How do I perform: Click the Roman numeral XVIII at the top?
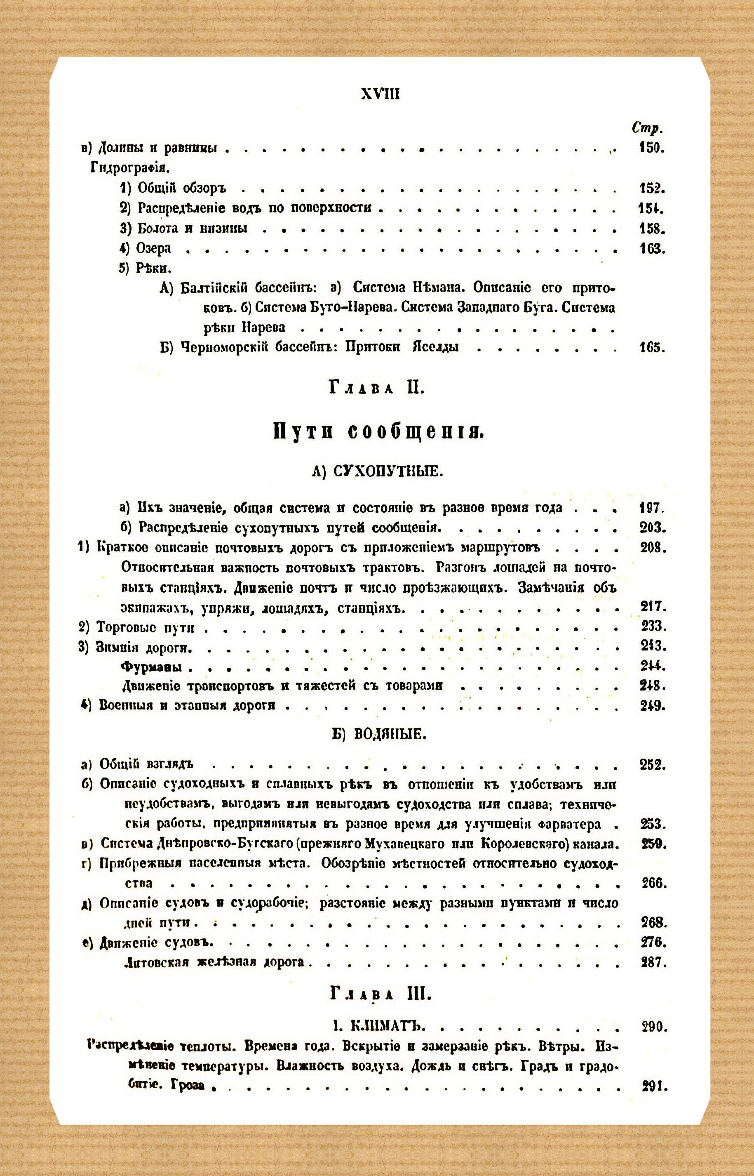pos(380,94)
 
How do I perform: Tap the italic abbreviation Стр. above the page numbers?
pos(647,128)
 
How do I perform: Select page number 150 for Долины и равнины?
pos(651,147)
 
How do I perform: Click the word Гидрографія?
pos(130,168)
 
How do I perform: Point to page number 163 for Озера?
pos(652,248)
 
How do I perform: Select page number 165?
pos(652,348)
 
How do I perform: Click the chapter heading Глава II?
pos(376,389)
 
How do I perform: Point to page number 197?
pos(652,508)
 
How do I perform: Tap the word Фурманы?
pos(151,667)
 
